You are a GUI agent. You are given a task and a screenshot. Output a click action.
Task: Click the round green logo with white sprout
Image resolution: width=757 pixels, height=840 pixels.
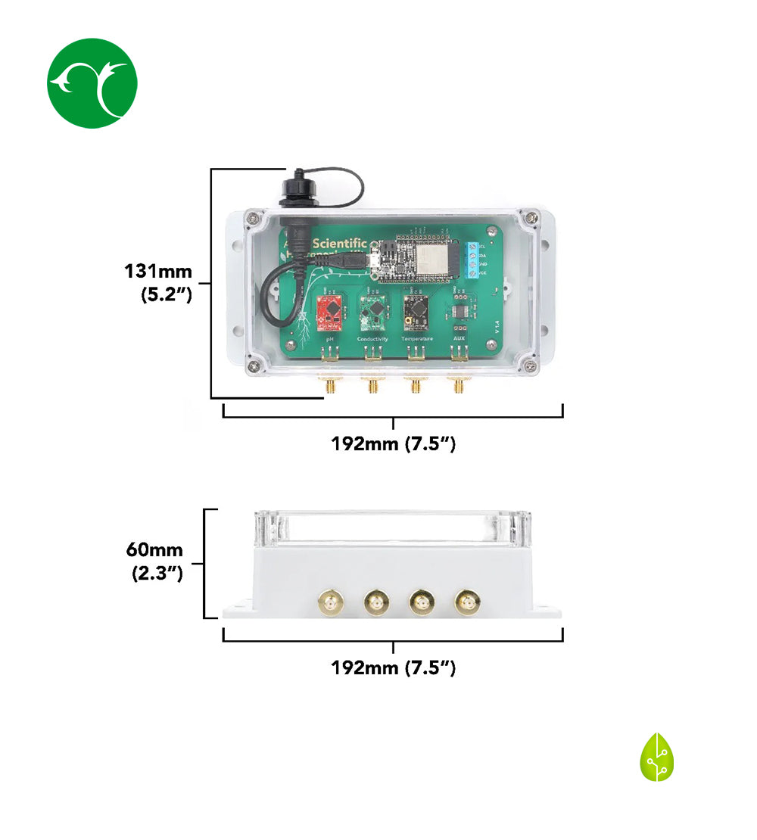coord(92,83)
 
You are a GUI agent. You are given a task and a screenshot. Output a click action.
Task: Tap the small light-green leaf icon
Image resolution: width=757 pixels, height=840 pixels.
coord(657,757)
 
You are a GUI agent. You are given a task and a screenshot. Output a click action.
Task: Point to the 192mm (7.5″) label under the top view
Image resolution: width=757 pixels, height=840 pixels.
coord(393,443)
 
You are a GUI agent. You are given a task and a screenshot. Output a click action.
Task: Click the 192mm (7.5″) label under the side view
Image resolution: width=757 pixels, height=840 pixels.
coord(393,667)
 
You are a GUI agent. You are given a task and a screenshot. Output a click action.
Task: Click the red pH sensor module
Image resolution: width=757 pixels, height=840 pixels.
coord(330,312)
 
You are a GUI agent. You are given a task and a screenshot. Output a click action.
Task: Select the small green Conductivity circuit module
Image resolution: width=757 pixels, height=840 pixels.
coord(373,312)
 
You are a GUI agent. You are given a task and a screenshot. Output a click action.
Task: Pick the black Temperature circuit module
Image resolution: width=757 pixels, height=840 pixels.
coord(416,311)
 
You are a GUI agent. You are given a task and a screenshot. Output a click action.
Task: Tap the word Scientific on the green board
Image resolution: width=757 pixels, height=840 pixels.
coord(340,244)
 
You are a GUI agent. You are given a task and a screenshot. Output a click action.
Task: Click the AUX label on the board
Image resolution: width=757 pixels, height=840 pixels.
coord(459,339)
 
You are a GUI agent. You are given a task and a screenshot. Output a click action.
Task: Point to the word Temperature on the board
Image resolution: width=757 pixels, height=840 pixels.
coord(416,339)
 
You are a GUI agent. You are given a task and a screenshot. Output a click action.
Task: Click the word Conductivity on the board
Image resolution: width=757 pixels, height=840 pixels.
coord(373,339)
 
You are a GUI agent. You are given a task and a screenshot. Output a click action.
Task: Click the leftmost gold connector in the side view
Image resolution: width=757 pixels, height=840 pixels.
coord(332,603)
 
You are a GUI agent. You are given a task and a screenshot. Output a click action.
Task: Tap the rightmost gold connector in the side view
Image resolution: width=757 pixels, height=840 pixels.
coord(465,603)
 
